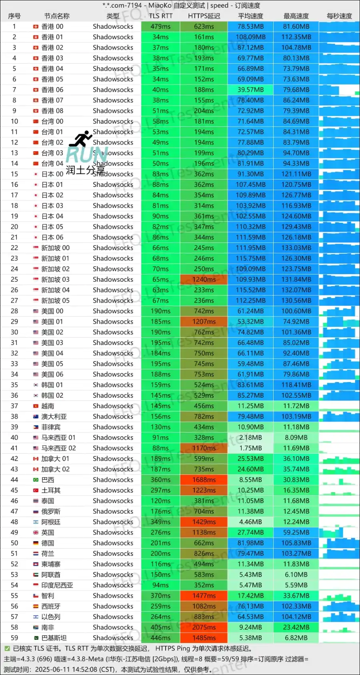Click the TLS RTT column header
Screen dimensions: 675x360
[160, 16]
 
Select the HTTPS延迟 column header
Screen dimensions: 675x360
[204, 16]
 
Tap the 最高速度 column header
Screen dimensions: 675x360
[296, 16]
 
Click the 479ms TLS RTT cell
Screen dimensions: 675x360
[160, 26]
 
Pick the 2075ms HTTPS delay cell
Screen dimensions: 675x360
[204, 627]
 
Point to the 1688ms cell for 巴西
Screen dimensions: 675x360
[204, 479]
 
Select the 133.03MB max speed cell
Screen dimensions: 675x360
[296, 248]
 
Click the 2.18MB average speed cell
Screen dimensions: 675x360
[250, 437]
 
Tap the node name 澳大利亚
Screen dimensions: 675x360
[54, 417]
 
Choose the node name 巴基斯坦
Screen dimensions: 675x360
[54, 638]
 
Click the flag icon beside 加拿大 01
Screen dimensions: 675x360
[36, 459]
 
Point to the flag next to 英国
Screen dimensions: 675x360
[36, 533]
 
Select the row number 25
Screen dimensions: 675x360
[14, 279]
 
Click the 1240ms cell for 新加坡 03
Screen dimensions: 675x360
[204, 279]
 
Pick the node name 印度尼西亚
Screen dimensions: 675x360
[57, 585]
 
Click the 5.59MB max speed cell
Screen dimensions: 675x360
[296, 585]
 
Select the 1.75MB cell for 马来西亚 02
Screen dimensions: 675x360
[250, 448]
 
